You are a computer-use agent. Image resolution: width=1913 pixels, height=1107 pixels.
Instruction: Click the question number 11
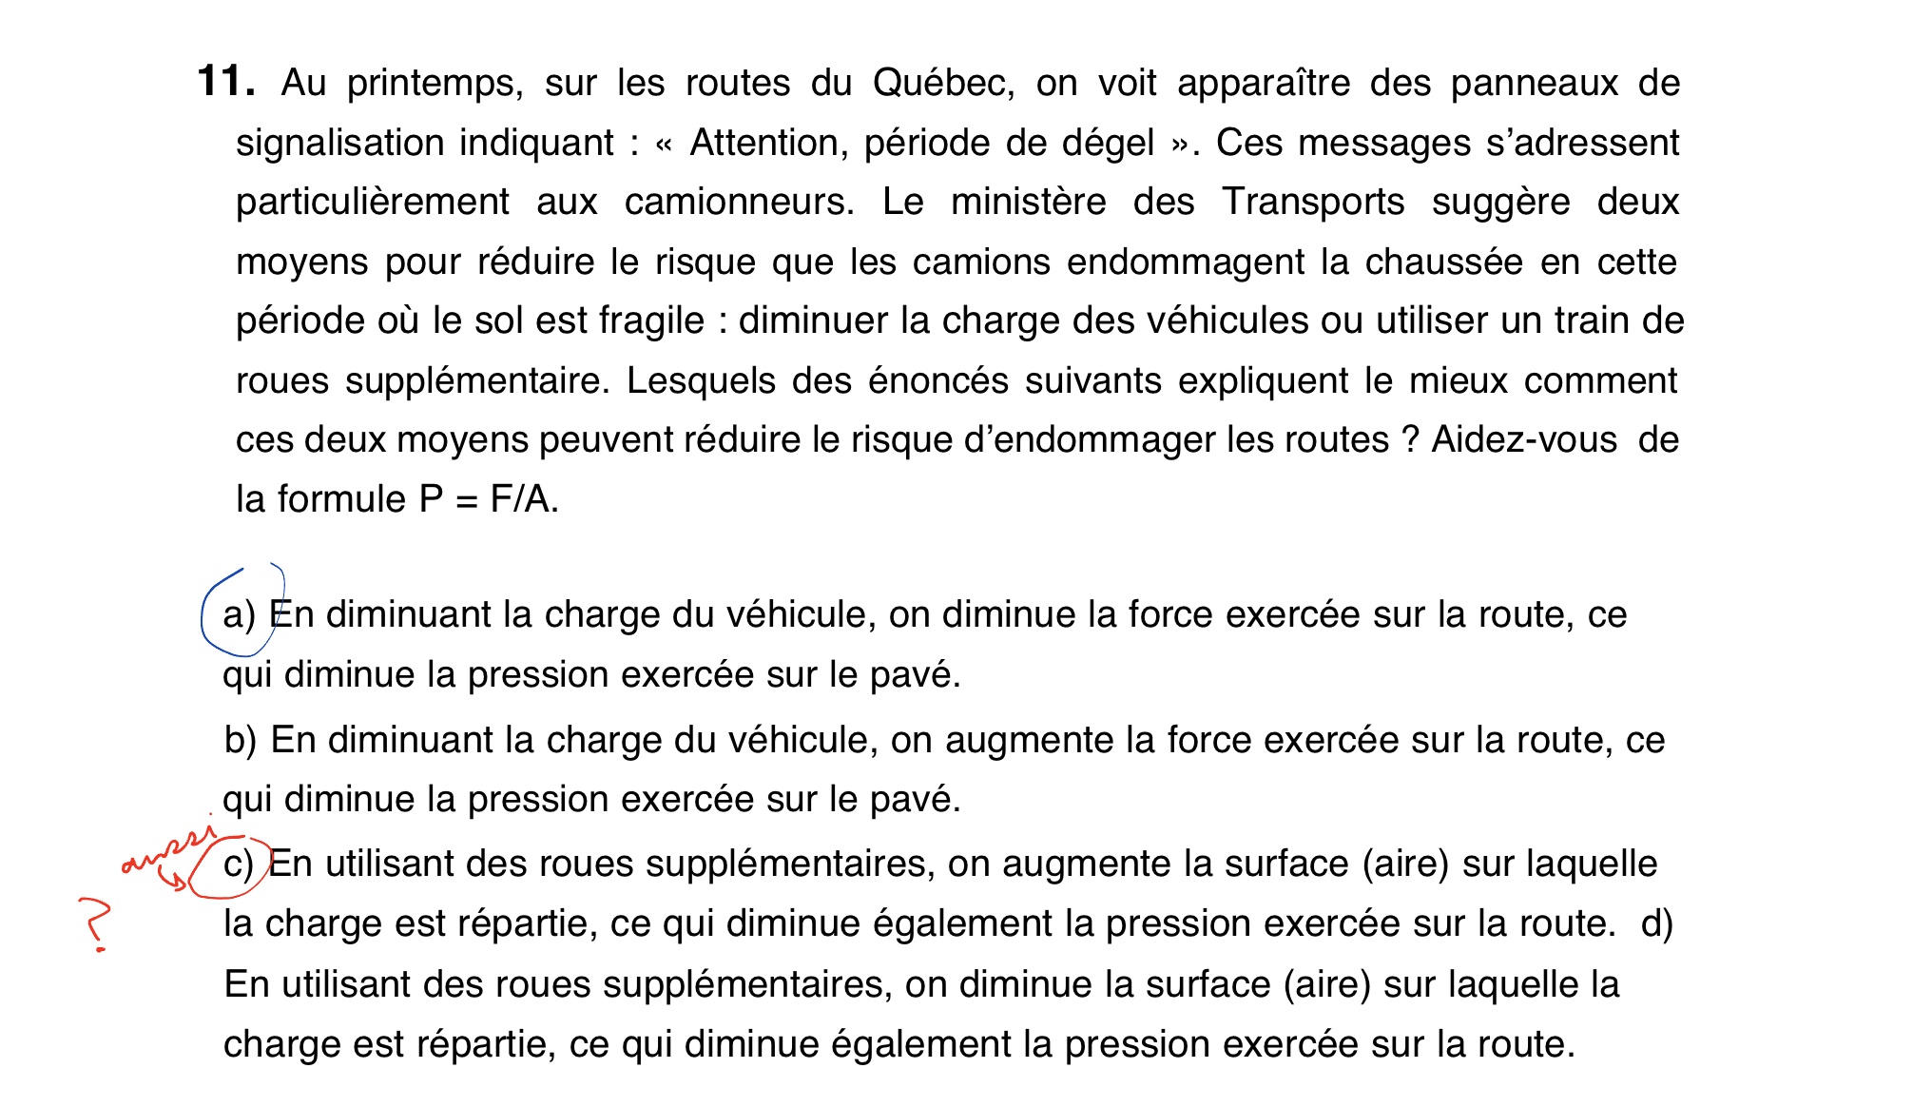pyautogui.click(x=225, y=82)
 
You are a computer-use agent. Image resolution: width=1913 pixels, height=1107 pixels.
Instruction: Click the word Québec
pyautogui.click(x=942, y=84)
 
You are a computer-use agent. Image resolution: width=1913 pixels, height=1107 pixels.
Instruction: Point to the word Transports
pyautogui.click(x=1312, y=202)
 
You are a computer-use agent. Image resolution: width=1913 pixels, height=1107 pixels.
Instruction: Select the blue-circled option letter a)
pyautogui.click(x=239, y=614)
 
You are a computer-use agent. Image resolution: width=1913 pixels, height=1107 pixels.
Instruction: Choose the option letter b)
pyautogui.click(x=240, y=740)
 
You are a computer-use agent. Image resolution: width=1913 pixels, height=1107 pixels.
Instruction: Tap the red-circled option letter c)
pyautogui.click(x=238, y=864)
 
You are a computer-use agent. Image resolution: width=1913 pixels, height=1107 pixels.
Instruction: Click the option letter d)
pyautogui.click(x=1656, y=923)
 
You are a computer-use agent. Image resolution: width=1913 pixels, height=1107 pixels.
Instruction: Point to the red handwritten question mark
pyautogui.click(x=95, y=922)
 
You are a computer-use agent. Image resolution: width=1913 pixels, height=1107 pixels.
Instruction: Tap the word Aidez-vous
pyautogui.click(x=1523, y=440)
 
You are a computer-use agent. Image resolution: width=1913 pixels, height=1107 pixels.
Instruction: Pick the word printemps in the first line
pyautogui.click(x=435, y=84)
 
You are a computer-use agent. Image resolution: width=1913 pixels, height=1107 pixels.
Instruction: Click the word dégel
pyautogui.click(x=1108, y=143)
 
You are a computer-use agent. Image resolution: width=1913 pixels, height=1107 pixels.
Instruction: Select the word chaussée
pyautogui.click(x=1443, y=262)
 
